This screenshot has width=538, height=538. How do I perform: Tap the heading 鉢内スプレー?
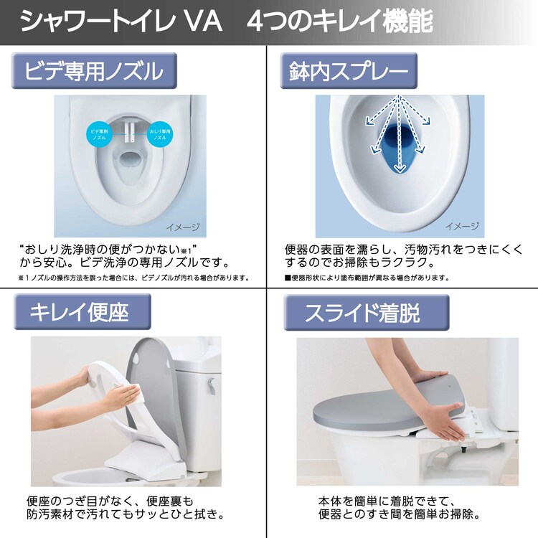(349, 71)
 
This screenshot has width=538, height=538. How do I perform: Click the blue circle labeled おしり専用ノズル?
(159, 134)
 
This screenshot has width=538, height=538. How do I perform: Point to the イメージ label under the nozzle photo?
(181, 227)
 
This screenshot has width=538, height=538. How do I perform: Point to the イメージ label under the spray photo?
(461, 227)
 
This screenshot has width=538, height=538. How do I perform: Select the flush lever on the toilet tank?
(211, 387)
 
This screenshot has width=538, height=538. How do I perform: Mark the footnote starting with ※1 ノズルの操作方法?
(133, 278)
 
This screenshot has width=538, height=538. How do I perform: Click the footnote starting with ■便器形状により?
(366, 278)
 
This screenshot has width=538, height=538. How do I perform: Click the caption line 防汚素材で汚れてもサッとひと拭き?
(122, 514)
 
